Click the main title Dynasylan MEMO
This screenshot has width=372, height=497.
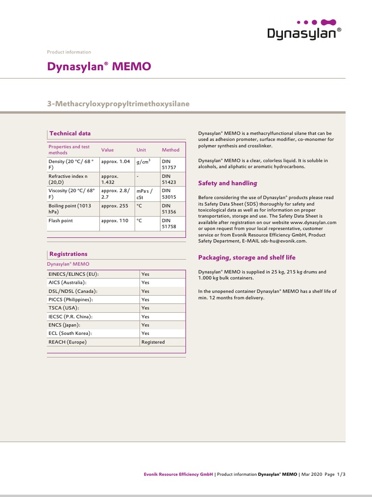99,66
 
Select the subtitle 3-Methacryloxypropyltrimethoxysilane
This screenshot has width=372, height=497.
118,104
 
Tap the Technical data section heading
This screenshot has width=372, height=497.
70,133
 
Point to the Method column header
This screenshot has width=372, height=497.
170,150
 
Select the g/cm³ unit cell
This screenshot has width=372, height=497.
143,161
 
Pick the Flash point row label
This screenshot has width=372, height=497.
61,220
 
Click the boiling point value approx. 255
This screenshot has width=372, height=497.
114,206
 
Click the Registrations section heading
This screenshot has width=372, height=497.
68,254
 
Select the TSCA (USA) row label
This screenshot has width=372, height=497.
63,308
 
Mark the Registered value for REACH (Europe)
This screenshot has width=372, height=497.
153,342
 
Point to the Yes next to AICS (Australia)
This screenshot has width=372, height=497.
145,282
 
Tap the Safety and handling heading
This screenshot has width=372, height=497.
228,183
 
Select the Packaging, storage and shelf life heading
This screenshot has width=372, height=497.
247,257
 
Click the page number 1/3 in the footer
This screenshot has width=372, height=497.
341,475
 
